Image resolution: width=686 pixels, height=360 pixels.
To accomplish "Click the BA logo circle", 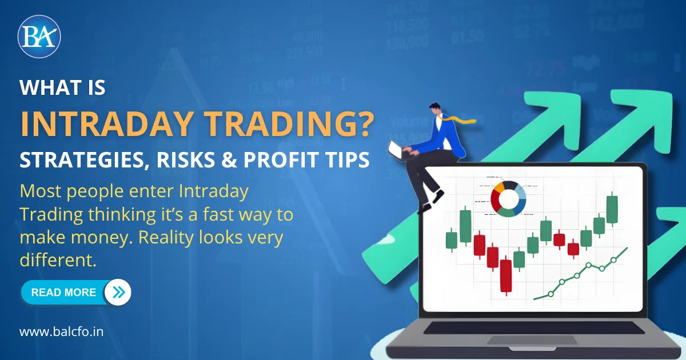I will pyautogui.click(x=39, y=37).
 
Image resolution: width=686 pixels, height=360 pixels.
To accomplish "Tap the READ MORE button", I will pyautogui.click(x=63, y=293).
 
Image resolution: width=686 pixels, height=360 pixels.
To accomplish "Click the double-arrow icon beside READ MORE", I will pyautogui.click(x=118, y=293).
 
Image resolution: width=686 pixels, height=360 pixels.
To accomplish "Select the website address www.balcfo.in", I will pyautogui.click(x=61, y=332).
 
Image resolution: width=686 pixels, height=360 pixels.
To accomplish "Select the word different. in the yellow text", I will pyautogui.click(x=57, y=259).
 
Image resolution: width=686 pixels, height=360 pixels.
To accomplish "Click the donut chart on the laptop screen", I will pyautogui.click(x=508, y=199).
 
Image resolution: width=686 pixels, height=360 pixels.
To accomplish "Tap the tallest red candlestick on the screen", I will pyautogui.click(x=505, y=276).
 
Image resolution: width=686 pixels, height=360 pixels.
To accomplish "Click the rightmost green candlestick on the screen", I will pyautogui.click(x=612, y=209).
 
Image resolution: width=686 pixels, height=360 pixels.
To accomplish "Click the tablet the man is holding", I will pyautogui.click(x=396, y=150).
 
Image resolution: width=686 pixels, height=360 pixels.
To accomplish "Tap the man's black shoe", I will pyautogui.click(x=438, y=197).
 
